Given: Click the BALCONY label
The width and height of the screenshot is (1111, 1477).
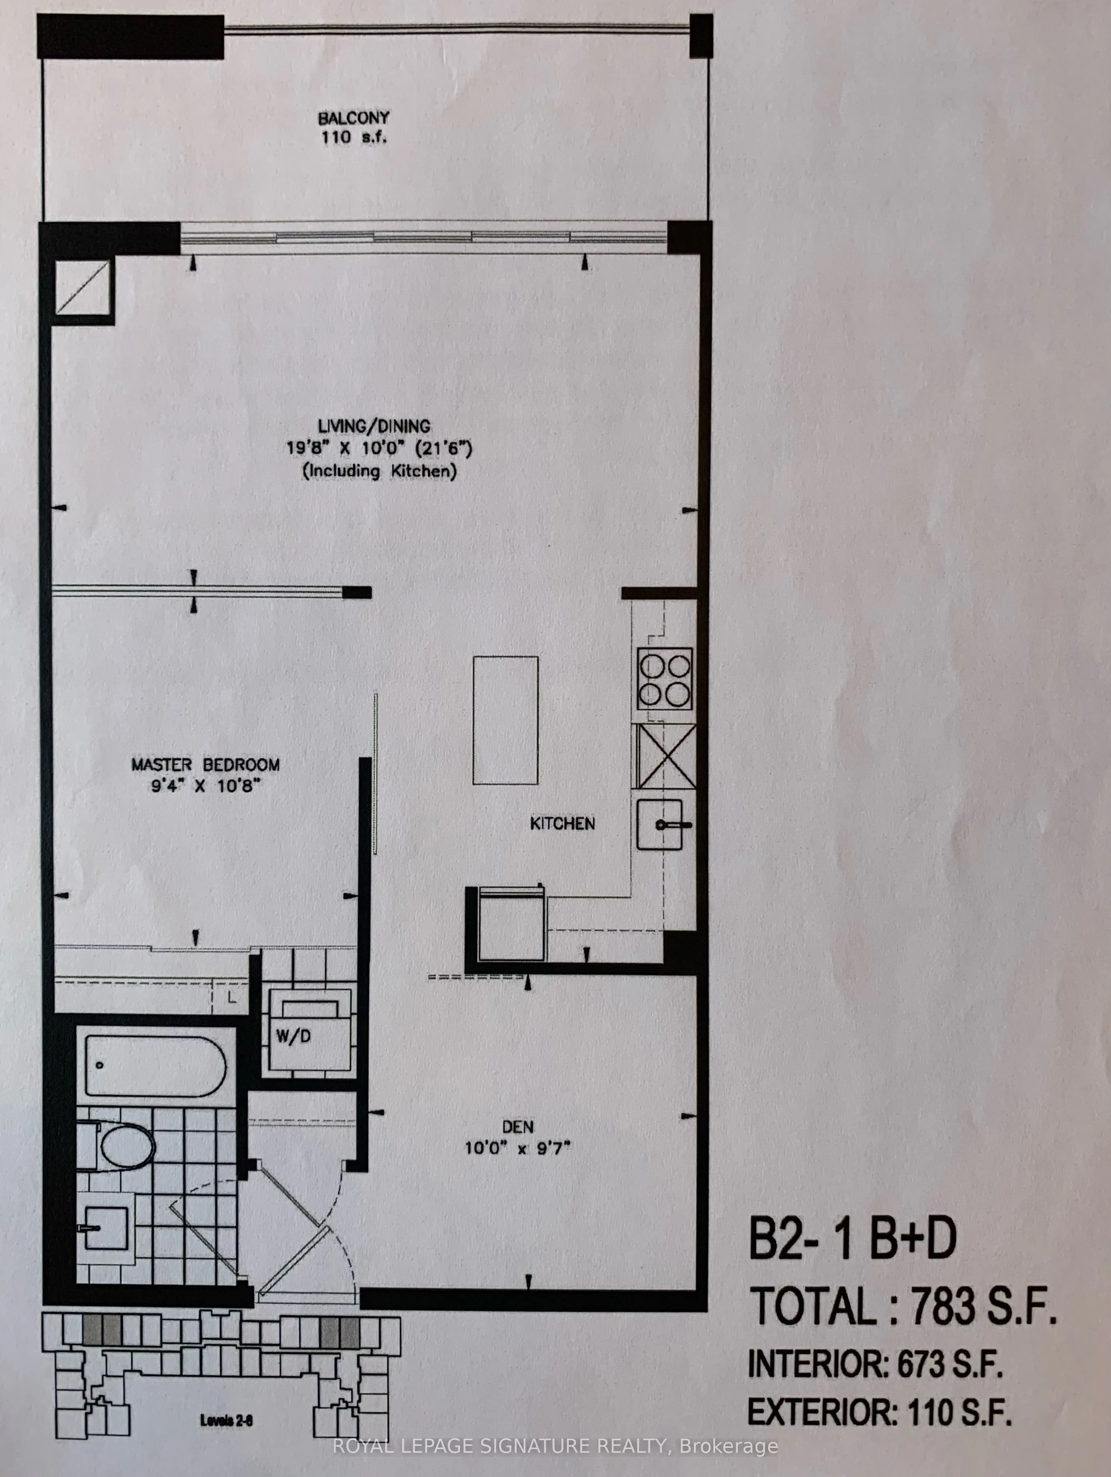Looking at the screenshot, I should pos(353,119).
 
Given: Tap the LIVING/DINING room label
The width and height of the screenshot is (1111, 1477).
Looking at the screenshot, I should pos(374,426).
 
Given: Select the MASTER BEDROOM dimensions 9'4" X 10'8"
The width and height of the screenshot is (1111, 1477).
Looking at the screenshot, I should pos(205,786).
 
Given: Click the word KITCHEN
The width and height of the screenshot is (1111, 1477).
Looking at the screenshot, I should pos(562,823).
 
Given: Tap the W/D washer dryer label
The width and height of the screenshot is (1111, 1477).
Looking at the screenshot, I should pos(293,1037).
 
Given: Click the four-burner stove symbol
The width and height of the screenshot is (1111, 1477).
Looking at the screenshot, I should pos(664,680).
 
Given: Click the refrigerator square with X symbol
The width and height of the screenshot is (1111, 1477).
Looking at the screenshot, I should pos(665,757).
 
